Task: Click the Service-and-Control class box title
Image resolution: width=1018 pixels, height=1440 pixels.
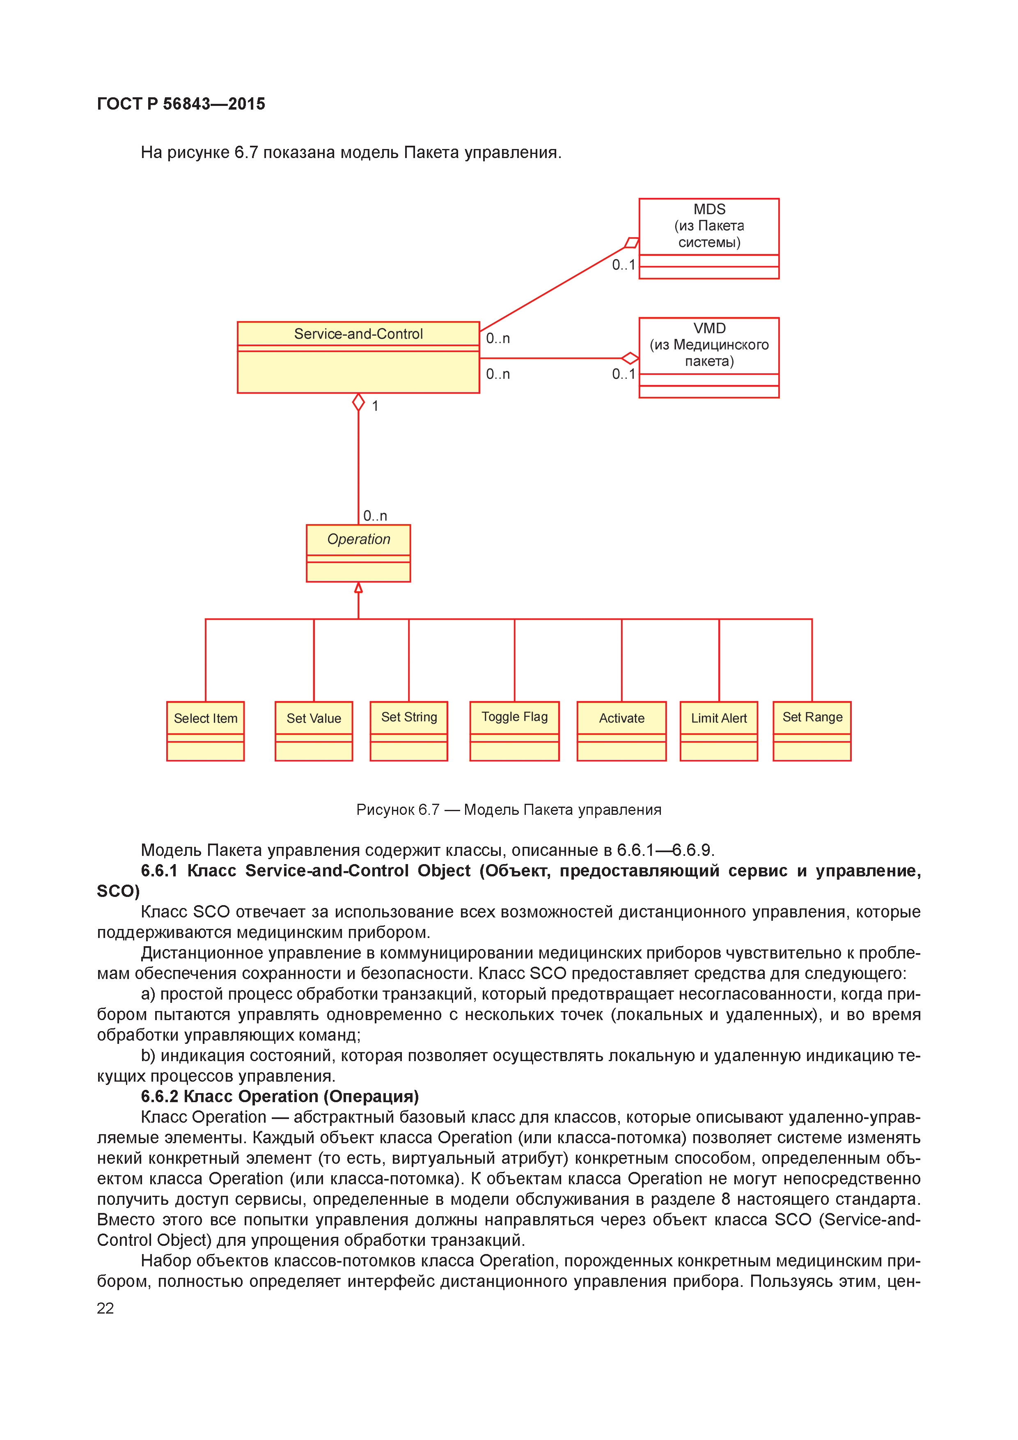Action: coord(358,334)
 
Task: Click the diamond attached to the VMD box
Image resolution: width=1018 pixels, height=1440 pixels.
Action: coord(630,358)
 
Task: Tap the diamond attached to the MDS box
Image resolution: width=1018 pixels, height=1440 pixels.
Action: coord(632,243)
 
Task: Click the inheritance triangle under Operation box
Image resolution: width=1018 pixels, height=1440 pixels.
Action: coord(358,588)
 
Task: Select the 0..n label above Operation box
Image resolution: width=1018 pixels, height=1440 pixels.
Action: coord(375,516)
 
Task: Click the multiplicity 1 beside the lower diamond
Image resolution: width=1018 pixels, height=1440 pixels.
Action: coord(375,406)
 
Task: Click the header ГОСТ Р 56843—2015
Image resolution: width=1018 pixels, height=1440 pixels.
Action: coord(181,103)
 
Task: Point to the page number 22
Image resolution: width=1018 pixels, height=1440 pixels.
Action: coord(105,1308)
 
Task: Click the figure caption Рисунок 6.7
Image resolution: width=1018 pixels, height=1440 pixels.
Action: coord(508,809)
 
